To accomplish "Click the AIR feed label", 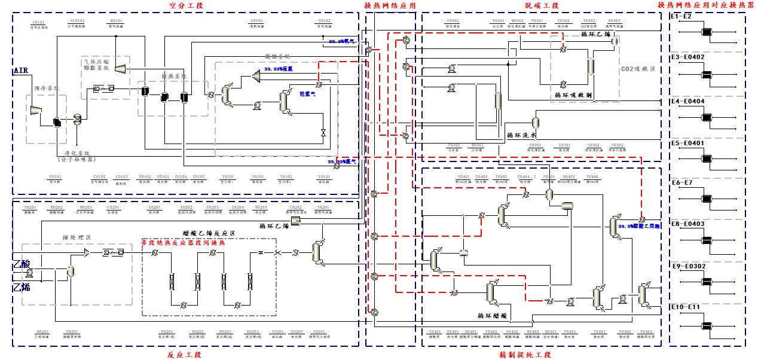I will point(20,72).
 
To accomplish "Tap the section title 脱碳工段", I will point(537,5).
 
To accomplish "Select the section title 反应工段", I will point(185,355).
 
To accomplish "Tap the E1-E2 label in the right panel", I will point(681,16).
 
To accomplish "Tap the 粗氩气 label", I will point(307,93).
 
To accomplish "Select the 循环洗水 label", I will point(520,135).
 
